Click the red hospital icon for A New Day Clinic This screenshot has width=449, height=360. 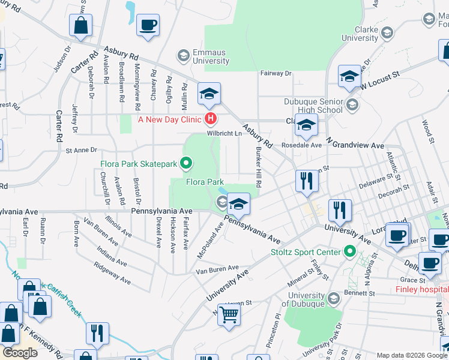[x=210, y=119]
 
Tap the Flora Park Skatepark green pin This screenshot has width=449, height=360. [x=186, y=162]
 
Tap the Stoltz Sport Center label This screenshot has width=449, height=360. [x=305, y=252]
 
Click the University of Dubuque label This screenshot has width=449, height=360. [x=306, y=298]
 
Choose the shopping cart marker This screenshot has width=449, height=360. [x=229, y=314]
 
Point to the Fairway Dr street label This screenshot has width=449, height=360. [x=276, y=73]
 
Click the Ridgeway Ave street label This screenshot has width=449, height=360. [x=112, y=272]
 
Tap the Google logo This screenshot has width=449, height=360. [x=20, y=352]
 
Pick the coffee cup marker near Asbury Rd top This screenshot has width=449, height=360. [x=147, y=25]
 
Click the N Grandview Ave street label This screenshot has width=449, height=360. [x=354, y=145]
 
